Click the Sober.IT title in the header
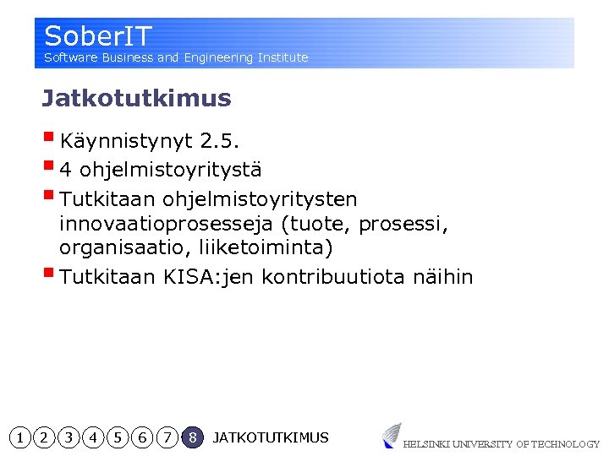pos(98,36)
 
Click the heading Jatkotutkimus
pos(136,99)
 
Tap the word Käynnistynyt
pos(127,140)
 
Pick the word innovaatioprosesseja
pos(166,225)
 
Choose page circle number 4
pos(93,437)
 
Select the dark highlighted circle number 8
pos(193,437)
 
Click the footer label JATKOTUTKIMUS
pos(271,437)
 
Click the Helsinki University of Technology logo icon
pos(391,435)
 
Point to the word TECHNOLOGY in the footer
pos(567,444)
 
